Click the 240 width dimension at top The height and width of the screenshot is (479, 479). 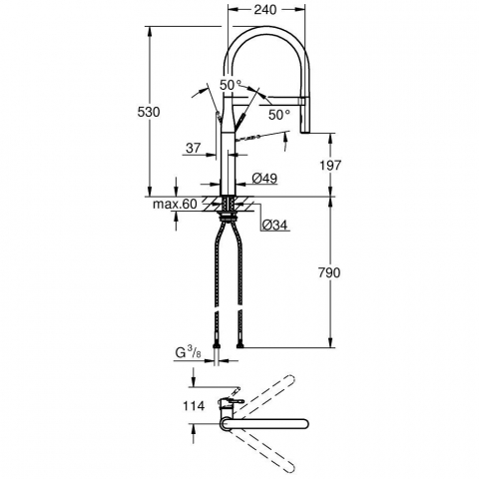pyautogui.click(x=265, y=10)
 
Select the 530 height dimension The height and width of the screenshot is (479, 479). pyautogui.click(x=149, y=112)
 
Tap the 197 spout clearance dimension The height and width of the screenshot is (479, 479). pyautogui.click(x=329, y=165)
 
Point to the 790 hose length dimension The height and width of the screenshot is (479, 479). pyautogui.click(x=329, y=272)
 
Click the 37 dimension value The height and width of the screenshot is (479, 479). pyautogui.click(x=194, y=148)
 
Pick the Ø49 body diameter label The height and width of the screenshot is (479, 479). pyautogui.click(x=264, y=179)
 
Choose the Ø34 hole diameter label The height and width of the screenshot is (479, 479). pyautogui.click(x=274, y=226)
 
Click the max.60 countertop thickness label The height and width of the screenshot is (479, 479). pyautogui.click(x=175, y=204)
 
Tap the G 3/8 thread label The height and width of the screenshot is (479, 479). pyautogui.click(x=189, y=353)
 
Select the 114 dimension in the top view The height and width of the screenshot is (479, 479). pyautogui.click(x=194, y=406)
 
